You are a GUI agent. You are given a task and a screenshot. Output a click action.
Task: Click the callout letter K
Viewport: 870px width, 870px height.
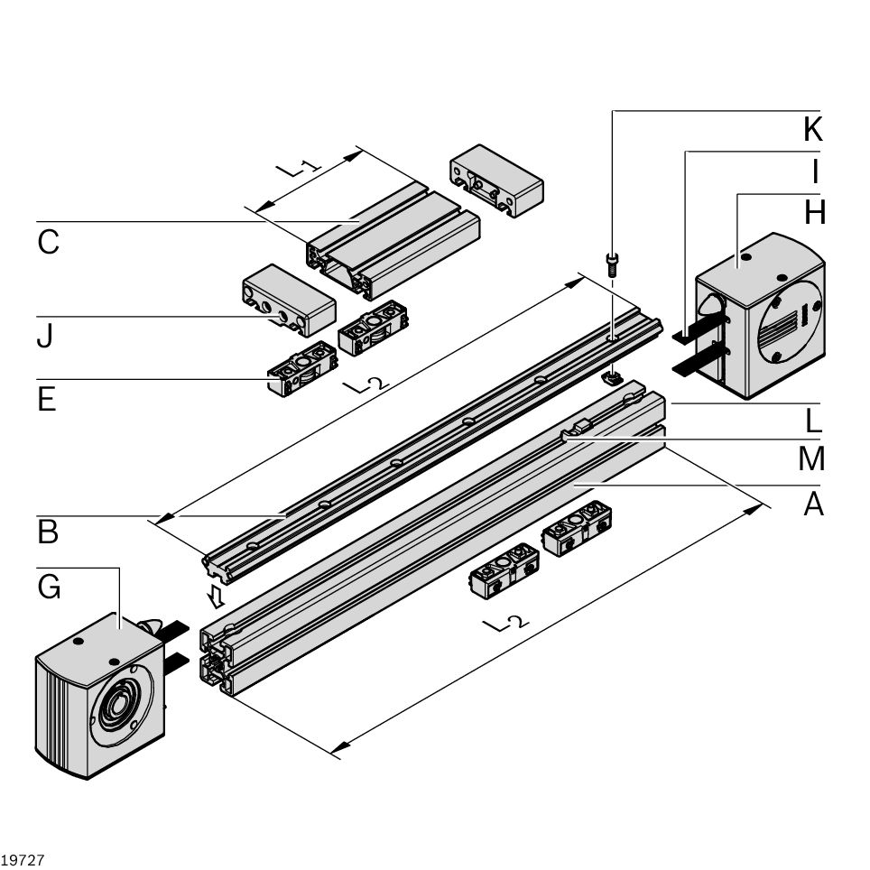[812, 129]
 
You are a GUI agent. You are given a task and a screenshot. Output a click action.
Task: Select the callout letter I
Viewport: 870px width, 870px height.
[815, 171]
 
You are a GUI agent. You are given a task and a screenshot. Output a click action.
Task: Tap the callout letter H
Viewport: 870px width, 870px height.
[814, 212]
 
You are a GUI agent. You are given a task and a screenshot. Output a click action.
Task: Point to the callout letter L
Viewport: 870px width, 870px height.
[814, 420]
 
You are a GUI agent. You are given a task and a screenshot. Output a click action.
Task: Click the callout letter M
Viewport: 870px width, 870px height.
[812, 459]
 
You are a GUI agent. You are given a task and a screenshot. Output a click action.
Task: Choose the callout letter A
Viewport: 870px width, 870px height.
[814, 504]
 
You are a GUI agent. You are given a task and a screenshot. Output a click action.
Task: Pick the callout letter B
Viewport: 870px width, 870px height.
[48, 532]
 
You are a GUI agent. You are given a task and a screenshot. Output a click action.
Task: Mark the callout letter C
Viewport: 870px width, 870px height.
[48, 242]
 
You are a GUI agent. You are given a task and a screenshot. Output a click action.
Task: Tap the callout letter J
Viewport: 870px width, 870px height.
[45, 336]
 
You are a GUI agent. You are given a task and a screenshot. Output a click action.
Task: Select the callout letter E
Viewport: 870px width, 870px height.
[47, 398]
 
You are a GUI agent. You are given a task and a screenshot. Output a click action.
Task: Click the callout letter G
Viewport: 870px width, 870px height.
[50, 588]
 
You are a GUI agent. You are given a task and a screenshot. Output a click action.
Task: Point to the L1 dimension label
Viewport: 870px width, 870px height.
[297, 168]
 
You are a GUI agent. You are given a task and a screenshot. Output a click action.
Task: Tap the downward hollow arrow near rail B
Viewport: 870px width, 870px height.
[216, 597]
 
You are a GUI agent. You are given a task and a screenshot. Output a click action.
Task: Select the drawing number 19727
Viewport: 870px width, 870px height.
[23, 859]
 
